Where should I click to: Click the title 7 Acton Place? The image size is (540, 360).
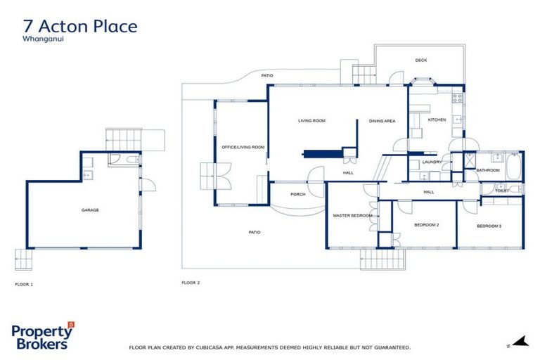pyautogui.click(x=80, y=27)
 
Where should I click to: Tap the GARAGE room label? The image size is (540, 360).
pyautogui.click(x=90, y=210)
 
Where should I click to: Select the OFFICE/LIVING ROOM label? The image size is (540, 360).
pyautogui.click(x=243, y=147)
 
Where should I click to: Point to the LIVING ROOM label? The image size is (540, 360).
pyautogui.click(x=311, y=121)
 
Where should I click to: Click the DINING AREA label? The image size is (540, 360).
pyautogui.click(x=382, y=121)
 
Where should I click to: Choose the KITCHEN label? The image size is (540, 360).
pyautogui.click(x=437, y=120)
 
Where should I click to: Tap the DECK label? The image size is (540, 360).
pyautogui.click(x=420, y=60)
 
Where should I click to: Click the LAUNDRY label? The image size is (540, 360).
pyautogui.click(x=431, y=162)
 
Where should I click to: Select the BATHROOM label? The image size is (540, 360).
pyautogui.click(x=487, y=170)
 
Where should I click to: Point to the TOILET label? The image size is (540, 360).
pyautogui.click(x=501, y=191)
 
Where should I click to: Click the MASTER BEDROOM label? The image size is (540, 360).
pyautogui.click(x=352, y=215)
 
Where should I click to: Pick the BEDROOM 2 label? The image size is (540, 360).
pyautogui.click(x=426, y=225)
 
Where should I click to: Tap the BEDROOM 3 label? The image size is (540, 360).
pyautogui.click(x=489, y=226)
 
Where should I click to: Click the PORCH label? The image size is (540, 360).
pyautogui.click(x=297, y=194)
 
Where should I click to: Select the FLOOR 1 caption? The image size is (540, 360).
pyautogui.click(x=24, y=285)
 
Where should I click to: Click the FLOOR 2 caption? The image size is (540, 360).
pyautogui.click(x=191, y=283)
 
